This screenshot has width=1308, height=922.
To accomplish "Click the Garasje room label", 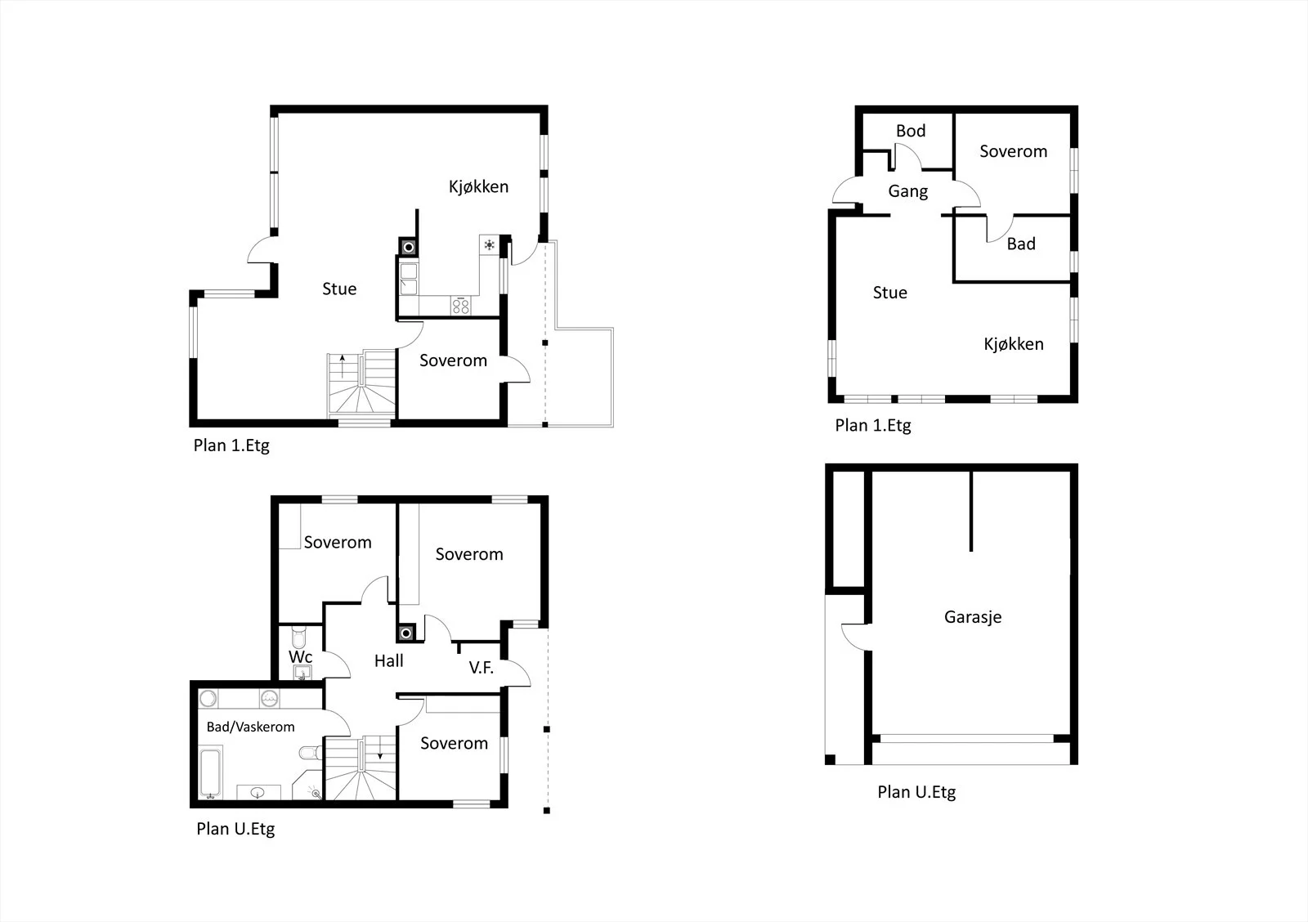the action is (x=973, y=617).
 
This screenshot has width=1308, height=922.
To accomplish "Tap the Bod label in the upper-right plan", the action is (x=911, y=131).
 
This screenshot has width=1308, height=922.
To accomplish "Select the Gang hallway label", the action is (x=908, y=191).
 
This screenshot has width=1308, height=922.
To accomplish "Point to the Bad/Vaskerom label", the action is (x=250, y=727).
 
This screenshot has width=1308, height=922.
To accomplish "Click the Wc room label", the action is (x=300, y=657).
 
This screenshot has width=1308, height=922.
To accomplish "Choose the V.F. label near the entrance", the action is (x=482, y=668).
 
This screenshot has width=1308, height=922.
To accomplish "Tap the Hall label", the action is (x=389, y=661).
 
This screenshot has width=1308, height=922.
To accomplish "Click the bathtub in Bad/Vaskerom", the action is (x=210, y=772).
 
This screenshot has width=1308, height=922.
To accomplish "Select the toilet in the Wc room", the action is (x=299, y=637).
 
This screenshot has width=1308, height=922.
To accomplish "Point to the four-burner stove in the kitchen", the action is (x=461, y=306).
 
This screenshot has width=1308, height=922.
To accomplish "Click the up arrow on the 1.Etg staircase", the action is (x=343, y=365).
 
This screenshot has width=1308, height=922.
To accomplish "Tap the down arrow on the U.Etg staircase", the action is (x=380, y=747).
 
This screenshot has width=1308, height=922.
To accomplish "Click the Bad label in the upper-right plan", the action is (x=1021, y=244).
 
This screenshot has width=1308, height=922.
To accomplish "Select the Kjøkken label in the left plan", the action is (x=478, y=187).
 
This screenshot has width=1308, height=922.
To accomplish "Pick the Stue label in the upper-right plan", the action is (x=890, y=293).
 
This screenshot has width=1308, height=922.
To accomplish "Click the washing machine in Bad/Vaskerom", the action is (x=269, y=698).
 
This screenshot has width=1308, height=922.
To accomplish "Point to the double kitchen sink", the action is (x=409, y=279).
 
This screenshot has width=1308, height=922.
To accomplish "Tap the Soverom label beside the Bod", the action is (x=1013, y=152).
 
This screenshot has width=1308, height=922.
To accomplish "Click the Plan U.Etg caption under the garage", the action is (x=916, y=792).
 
